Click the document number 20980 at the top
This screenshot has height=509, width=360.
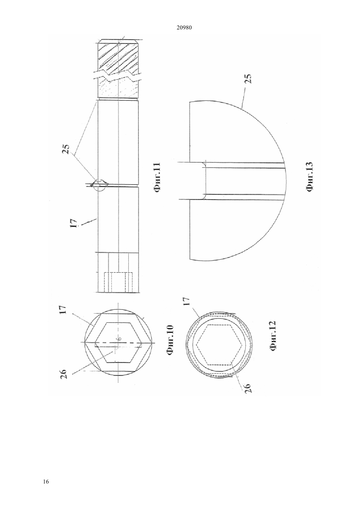pyautogui.click(x=184, y=28)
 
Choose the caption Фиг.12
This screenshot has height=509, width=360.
pyautogui.click(x=272, y=337)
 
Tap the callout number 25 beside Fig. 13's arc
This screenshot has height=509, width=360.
pyautogui.click(x=248, y=79)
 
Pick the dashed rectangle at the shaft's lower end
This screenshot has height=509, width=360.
pyautogui.click(x=118, y=282)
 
